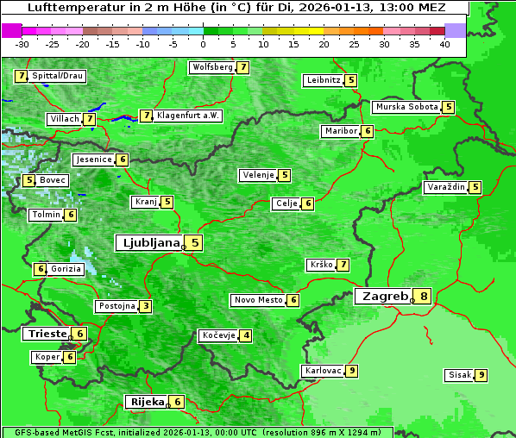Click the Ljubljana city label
(x=148, y=243)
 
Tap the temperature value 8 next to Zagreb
(x=424, y=297)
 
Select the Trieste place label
(x=47, y=334)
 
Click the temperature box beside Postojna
(x=147, y=306)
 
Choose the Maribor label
(x=340, y=131)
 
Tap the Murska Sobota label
(x=406, y=107)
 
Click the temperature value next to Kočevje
(x=247, y=335)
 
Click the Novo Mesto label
(x=258, y=300)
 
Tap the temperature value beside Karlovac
(x=352, y=371)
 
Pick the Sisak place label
(x=458, y=375)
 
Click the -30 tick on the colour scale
(x=22, y=44)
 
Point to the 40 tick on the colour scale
(x=444, y=44)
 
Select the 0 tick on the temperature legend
(x=204, y=44)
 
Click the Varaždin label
(x=445, y=187)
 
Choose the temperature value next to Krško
(x=343, y=265)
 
